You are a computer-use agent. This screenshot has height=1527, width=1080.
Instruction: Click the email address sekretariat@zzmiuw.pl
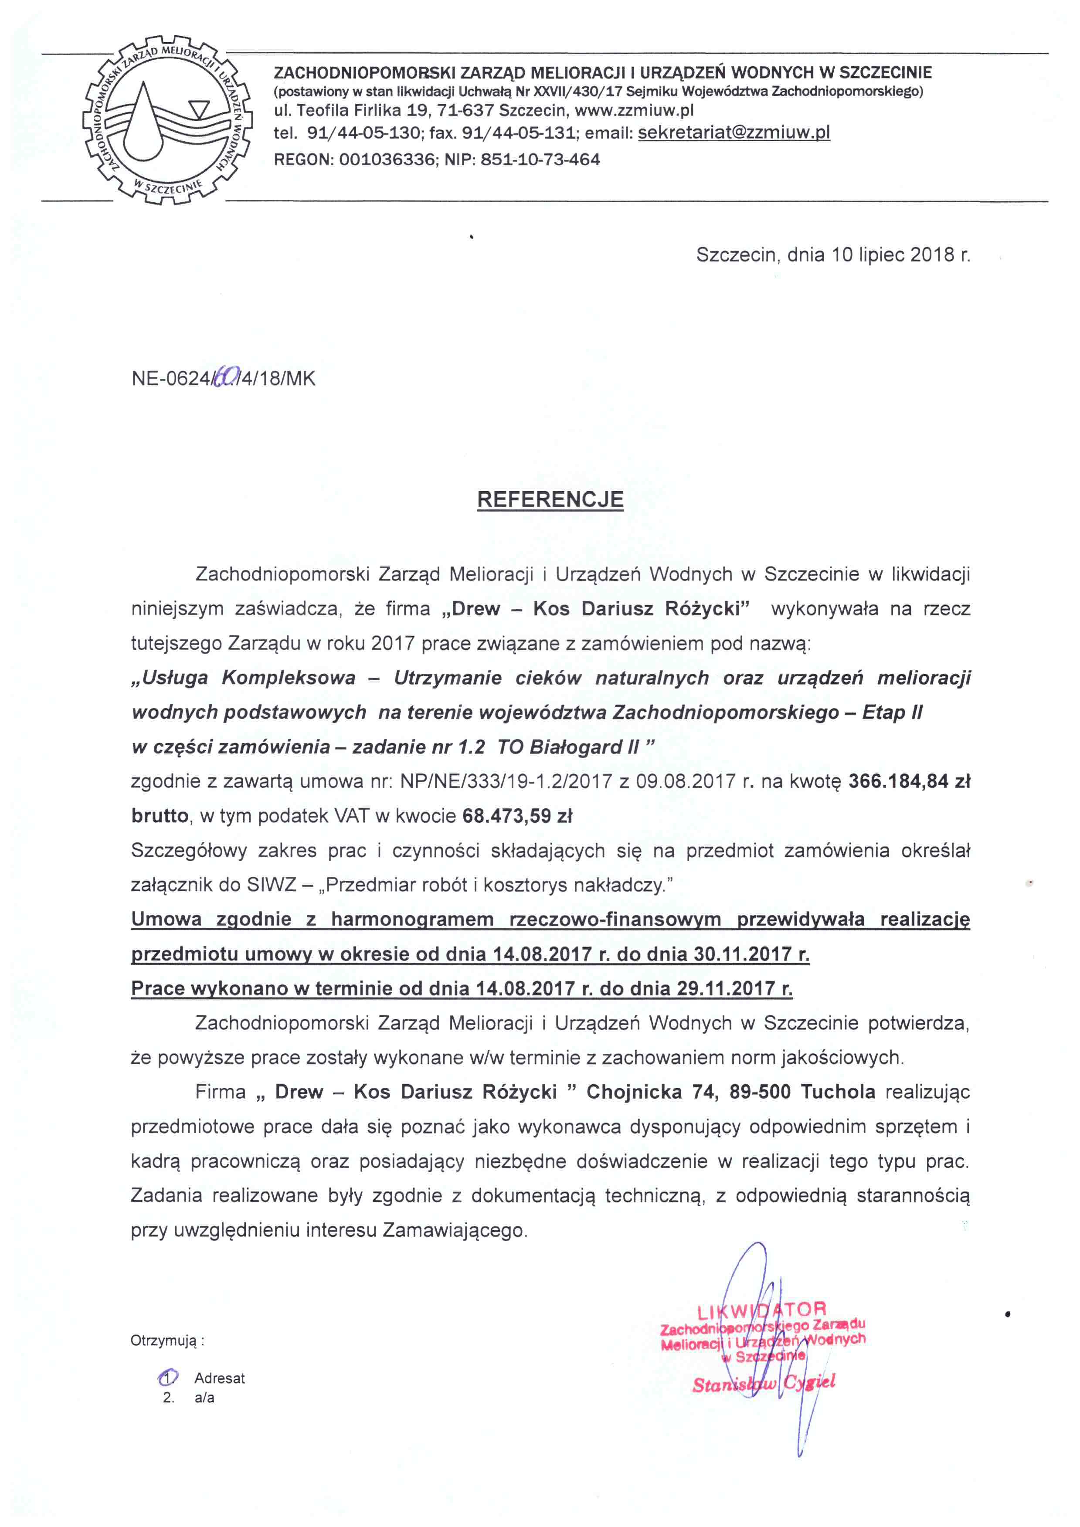click(x=734, y=132)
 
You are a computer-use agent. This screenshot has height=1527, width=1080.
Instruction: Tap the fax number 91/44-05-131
click(x=518, y=132)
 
